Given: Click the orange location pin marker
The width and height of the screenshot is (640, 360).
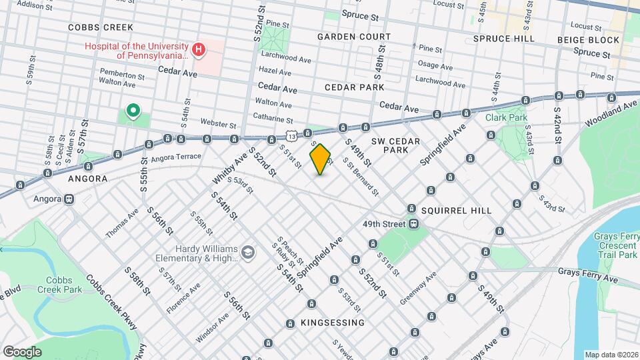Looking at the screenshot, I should point(321,159).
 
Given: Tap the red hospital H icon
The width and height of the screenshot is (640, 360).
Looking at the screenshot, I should point(198,49).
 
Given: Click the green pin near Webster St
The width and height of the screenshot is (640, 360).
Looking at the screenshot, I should point(133,111).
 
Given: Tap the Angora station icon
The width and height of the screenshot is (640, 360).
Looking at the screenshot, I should point(69,199).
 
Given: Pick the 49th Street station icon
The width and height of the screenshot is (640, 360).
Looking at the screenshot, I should point(413,224).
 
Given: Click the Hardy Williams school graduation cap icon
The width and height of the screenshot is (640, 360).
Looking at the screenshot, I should point(248,252).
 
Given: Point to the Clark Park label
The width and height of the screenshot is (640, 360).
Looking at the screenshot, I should point(506,117).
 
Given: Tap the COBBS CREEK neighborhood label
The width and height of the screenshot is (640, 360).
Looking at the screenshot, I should point(101,27).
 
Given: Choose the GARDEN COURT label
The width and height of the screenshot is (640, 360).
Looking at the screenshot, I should point(353,36).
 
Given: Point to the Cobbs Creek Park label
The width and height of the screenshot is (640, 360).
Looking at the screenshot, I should point(64,285).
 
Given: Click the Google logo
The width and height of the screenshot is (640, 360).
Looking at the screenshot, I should point(22,351).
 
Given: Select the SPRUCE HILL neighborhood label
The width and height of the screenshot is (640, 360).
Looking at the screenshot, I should point(503,39).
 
